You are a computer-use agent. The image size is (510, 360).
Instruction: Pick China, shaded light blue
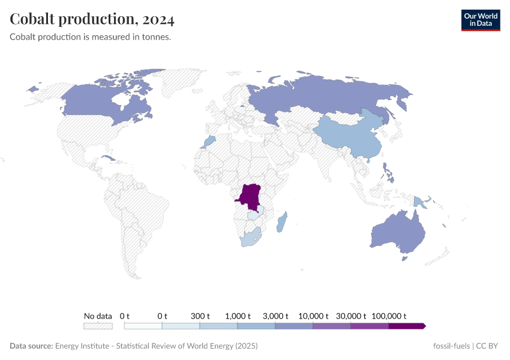click(x=345, y=135)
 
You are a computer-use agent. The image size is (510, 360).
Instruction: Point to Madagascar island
click(x=281, y=223)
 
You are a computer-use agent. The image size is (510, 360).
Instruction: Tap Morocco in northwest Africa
click(x=209, y=142)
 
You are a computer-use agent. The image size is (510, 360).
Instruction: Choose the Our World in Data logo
click(x=480, y=20)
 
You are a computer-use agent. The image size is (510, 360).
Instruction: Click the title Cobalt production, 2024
click(x=92, y=19)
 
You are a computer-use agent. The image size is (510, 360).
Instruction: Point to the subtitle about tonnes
click(x=91, y=37)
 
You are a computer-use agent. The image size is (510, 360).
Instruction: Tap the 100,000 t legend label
click(x=389, y=316)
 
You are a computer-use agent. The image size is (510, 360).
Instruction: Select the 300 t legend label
click(x=200, y=316)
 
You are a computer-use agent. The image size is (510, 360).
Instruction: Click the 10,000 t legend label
click(x=313, y=316)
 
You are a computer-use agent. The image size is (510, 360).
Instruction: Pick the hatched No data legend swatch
click(x=98, y=326)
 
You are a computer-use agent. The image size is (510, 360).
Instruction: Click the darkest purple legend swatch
click(x=407, y=326)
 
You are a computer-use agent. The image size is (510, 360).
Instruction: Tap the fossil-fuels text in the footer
click(x=451, y=346)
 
